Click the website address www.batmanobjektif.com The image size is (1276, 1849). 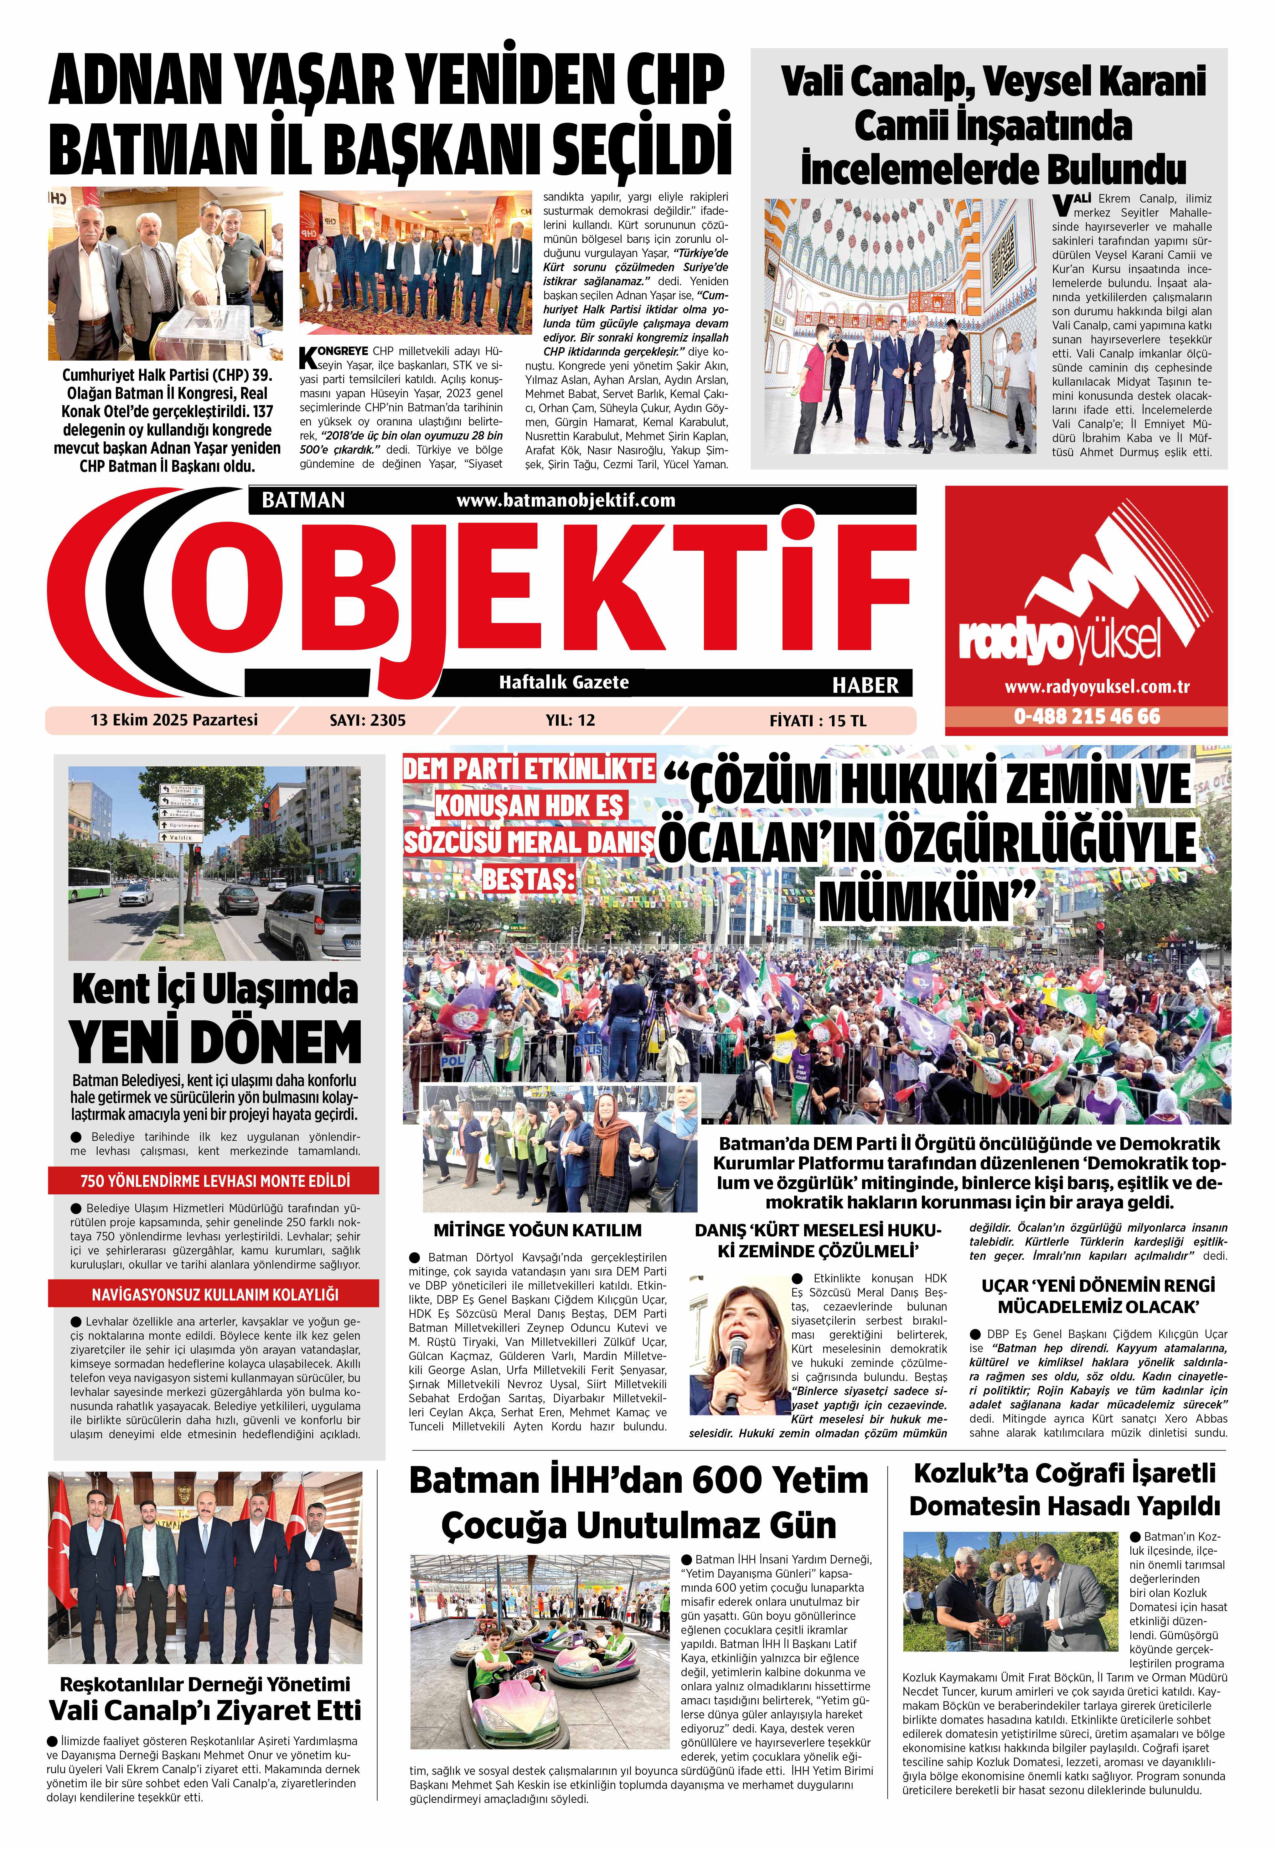(x=565, y=501)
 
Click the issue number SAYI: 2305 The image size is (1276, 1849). (x=368, y=720)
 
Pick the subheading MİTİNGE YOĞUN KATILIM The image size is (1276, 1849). (x=537, y=1230)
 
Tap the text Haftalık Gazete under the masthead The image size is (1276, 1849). (x=564, y=682)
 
